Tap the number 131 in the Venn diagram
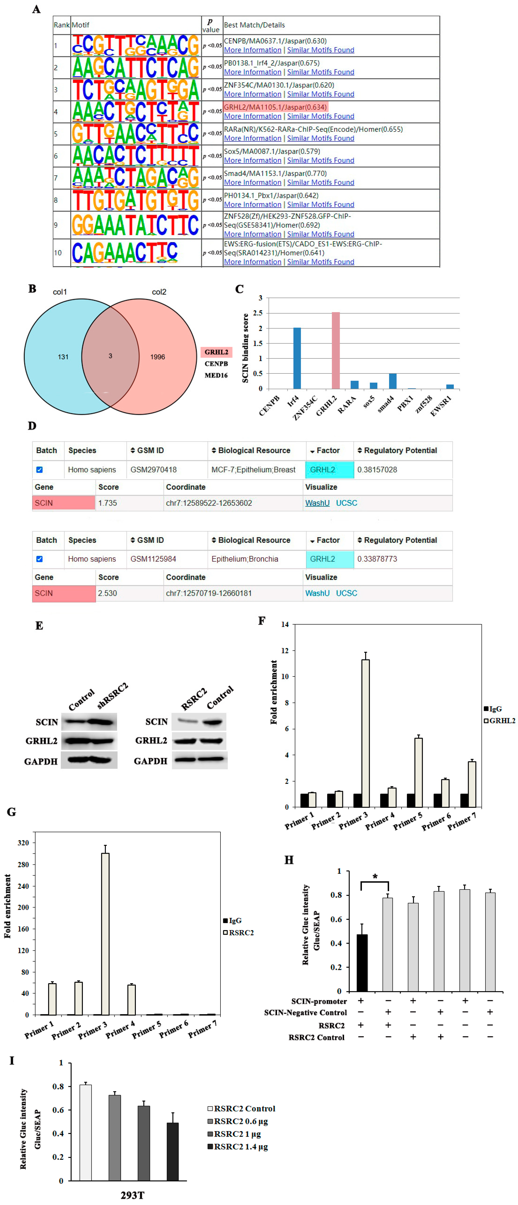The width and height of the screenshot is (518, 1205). pos(63,357)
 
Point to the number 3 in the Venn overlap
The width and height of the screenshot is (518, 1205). pos(110,356)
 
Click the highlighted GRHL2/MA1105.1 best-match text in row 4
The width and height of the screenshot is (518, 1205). pos(275,107)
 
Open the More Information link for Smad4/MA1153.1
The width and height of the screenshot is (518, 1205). pos(253,182)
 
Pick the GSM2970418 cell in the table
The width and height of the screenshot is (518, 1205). pos(153,470)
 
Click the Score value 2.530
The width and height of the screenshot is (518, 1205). pos(107,593)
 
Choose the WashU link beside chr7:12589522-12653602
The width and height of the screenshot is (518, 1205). pos(317,503)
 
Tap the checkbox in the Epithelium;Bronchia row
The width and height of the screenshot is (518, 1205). pos(40,559)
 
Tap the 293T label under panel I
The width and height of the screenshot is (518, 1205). pos(132,1195)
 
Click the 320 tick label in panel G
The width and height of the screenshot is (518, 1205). pos(23,843)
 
